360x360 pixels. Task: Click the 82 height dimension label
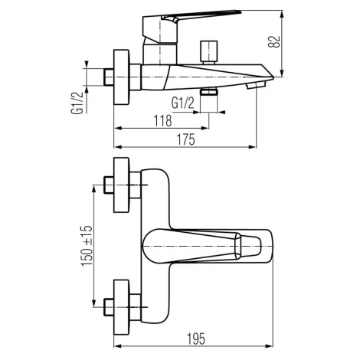click(x=274, y=42)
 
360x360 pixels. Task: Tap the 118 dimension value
click(x=162, y=121)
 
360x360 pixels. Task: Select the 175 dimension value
click(x=186, y=139)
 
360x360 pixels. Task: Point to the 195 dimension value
click(x=196, y=339)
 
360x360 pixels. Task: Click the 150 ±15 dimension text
click(x=87, y=246)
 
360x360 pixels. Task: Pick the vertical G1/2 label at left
click(x=77, y=103)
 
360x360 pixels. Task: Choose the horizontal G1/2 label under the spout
click(x=183, y=103)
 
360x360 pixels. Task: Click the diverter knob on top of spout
click(x=209, y=52)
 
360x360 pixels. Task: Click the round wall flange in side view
click(x=122, y=77)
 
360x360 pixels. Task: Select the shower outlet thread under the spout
click(x=209, y=91)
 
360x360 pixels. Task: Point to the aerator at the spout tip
click(x=256, y=85)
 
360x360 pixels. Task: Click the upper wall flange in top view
click(x=122, y=185)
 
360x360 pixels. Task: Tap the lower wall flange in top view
click(x=122, y=307)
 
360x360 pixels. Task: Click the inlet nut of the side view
click(x=109, y=77)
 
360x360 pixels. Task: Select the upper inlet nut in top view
click(x=109, y=185)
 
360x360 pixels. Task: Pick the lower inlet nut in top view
click(x=109, y=307)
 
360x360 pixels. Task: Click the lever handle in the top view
click(x=201, y=246)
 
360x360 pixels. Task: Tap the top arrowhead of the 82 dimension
click(x=282, y=14)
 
